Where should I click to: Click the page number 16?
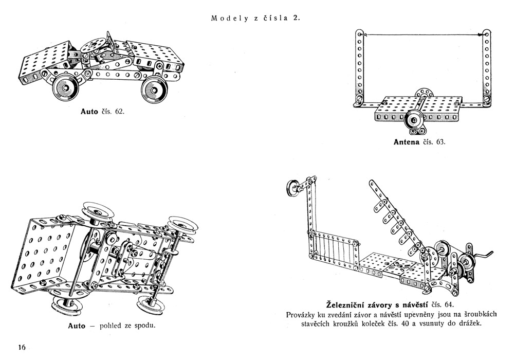tap(22, 347)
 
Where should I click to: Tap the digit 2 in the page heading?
tap(297, 19)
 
